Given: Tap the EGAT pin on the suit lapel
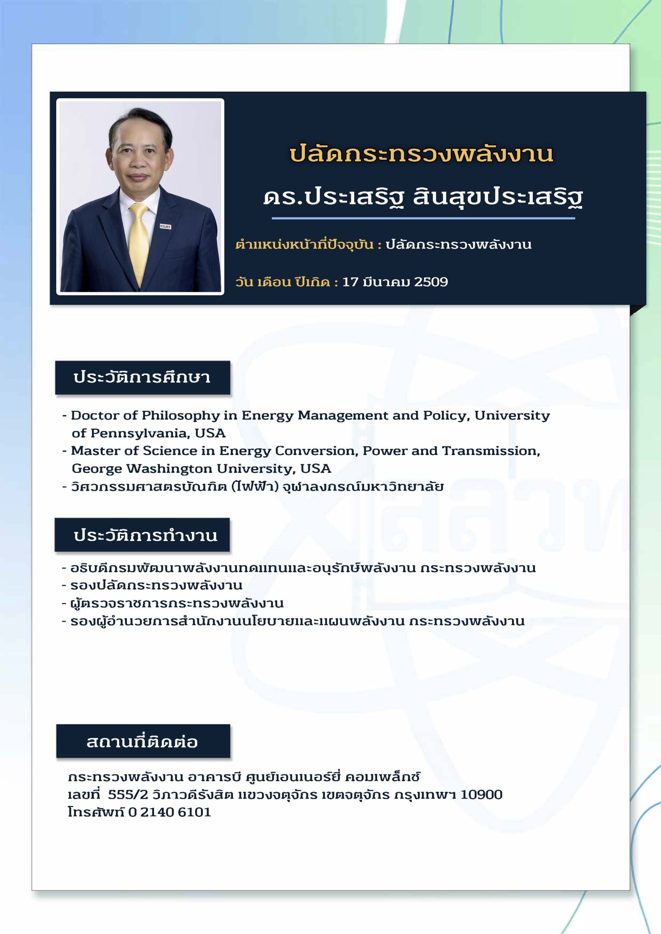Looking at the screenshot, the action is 165,227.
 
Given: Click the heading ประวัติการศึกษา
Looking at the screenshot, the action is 142,377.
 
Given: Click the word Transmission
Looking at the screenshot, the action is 491,451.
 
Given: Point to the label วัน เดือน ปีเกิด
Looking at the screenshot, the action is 283,282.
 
